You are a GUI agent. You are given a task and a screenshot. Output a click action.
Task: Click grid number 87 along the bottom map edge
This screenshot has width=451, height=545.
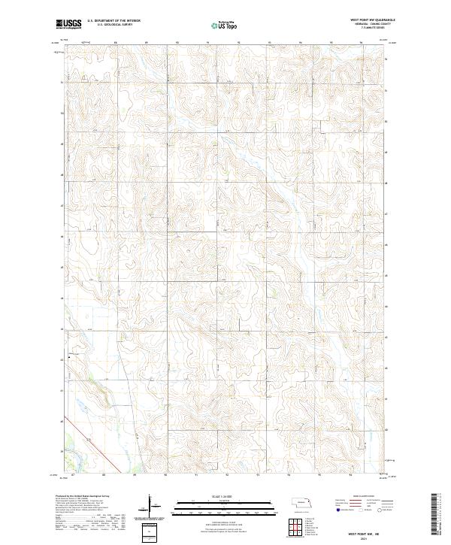[73, 476]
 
